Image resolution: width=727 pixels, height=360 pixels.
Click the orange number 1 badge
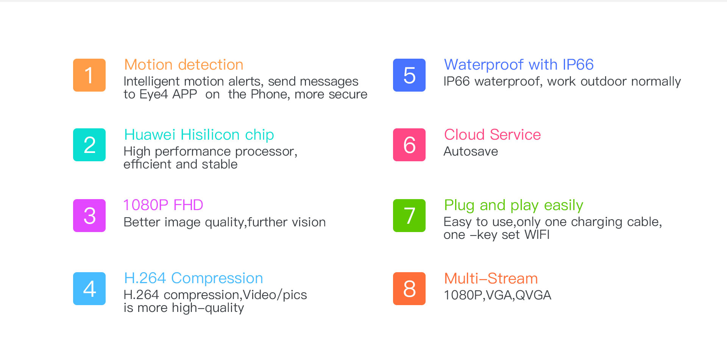(89, 75)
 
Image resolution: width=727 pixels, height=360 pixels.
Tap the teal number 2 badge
(89, 145)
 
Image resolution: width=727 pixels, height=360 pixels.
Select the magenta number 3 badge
(89, 215)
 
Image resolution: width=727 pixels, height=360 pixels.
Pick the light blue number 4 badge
(89, 288)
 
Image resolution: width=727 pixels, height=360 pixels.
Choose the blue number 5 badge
(409, 75)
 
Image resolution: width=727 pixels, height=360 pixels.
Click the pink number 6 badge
(409, 145)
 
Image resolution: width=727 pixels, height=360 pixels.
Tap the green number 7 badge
(409, 215)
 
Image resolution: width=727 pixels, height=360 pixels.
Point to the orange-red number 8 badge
(409, 288)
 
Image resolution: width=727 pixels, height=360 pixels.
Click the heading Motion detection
(184, 65)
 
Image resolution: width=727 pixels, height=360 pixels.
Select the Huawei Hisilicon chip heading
(199, 135)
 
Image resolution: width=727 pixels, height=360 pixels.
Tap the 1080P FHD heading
(163, 205)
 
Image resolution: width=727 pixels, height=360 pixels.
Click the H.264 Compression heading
(193, 279)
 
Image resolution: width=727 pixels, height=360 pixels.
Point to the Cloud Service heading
(492, 135)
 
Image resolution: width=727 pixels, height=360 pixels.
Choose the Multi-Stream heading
(491, 279)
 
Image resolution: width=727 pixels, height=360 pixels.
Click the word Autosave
(471, 151)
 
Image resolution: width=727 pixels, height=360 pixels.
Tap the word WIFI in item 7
(537, 235)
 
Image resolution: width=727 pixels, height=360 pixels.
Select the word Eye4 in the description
(153, 94)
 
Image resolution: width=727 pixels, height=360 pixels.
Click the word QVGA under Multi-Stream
(533, 295)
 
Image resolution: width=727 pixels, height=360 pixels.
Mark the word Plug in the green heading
(459, 206)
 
